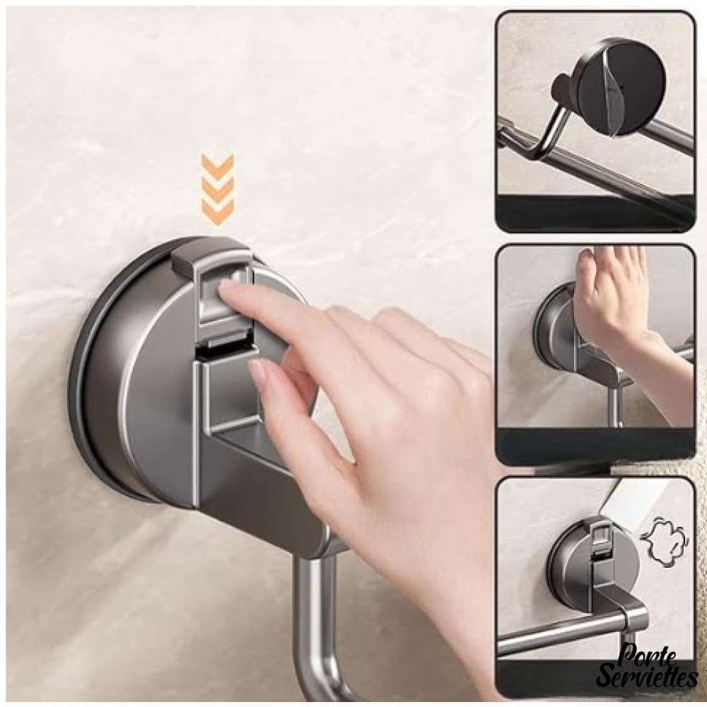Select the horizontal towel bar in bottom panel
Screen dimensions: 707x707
[573, 626]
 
